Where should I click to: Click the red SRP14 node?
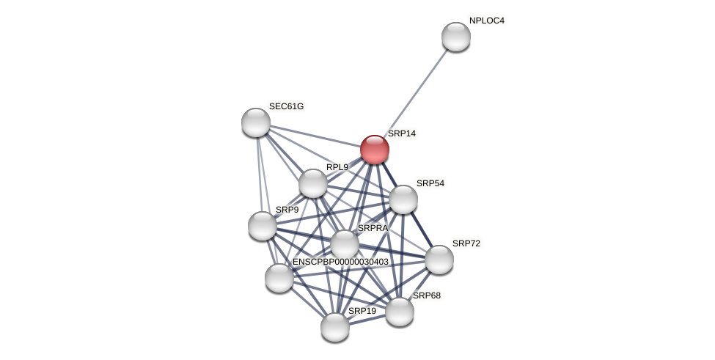(374, 150)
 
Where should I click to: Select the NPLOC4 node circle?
(455, 37)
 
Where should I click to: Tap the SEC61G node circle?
(256, 122)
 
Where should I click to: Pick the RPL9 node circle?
(313, 183)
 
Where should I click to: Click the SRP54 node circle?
(403, 199)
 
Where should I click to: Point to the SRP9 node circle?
(263, 226)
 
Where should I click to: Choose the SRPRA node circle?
(345, 244)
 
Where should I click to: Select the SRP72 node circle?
(439, 260)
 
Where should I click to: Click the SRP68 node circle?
(400, 312)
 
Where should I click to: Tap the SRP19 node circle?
(335, 327)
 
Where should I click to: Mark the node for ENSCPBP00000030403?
(279, 278)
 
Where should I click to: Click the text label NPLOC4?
(486, 21)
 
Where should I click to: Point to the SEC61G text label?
(286, 106)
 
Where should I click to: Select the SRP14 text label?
(401, 133)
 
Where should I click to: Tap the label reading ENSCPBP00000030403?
(340, 262)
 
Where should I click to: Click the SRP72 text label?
(466, 243)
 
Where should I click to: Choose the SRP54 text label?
(430, 183)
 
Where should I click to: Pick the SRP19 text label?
(362, 311)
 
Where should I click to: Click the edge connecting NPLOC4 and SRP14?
(415, 93)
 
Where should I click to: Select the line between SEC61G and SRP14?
(315, 136)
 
